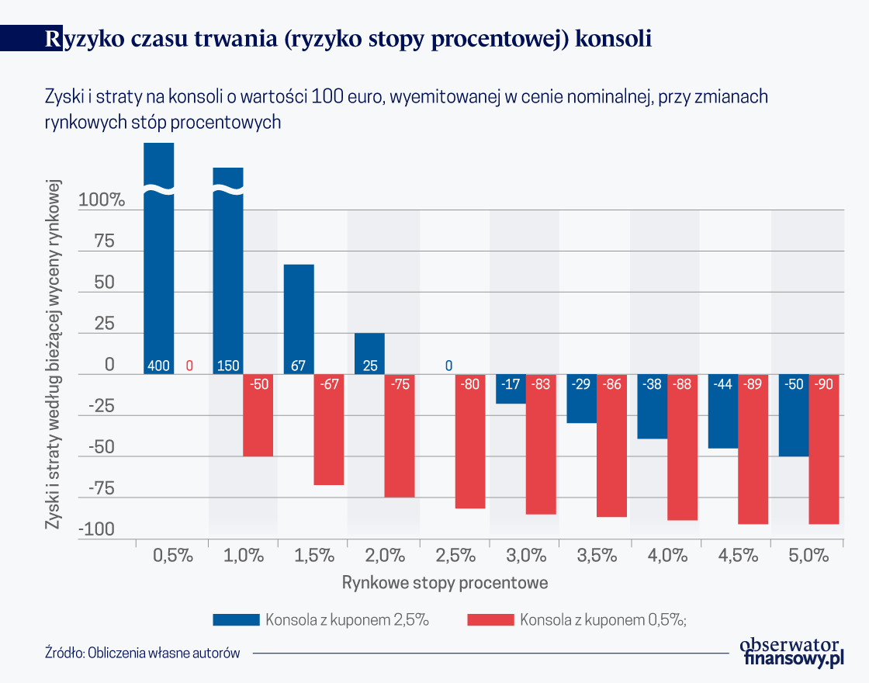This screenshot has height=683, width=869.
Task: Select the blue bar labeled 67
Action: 299,319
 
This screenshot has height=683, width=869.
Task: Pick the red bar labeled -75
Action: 400,435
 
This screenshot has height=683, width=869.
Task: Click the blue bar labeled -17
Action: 511,389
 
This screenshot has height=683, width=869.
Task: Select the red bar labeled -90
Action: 824,449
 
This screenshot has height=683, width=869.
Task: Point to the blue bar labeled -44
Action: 722,411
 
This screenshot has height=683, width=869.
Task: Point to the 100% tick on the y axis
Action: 102,200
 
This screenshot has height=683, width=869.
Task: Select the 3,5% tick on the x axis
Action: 596,556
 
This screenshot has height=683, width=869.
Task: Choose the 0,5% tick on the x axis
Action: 172,556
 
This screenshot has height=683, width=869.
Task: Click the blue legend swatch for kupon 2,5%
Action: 236,619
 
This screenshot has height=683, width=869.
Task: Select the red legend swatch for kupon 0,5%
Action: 490,619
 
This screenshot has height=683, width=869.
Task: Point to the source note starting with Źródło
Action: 142,653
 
